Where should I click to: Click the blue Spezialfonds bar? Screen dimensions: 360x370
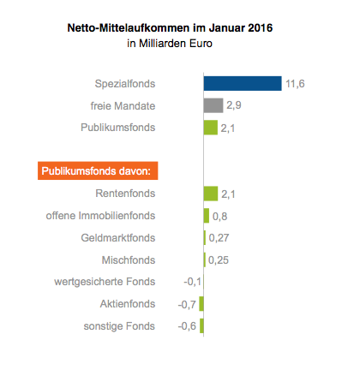tap(243, 83)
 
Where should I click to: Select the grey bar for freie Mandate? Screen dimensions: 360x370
tap(213, 105)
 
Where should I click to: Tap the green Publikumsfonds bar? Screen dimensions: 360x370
tap(211, 128)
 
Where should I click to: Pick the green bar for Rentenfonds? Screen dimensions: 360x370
tap(211, 194)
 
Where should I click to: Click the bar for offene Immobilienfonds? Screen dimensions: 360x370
tap(207, 216)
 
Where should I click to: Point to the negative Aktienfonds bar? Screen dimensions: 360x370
tap(201, 304)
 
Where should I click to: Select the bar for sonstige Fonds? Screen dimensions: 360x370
tap(201, 325)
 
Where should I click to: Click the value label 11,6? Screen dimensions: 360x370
tap(295, 84)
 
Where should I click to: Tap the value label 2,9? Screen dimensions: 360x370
tap(234, 105)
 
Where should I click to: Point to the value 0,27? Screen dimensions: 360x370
tap(219, 238)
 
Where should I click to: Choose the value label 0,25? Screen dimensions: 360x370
tap(219, 260)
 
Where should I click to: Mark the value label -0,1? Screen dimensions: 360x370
tap(193, 282)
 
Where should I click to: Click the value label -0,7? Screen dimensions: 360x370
tap(187, 305)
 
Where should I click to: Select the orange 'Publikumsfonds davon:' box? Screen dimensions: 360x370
tap(98, 170)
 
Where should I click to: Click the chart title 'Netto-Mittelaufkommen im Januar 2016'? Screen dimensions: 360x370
tap(170, 28)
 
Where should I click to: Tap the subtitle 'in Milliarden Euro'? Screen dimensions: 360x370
tap(170, 44)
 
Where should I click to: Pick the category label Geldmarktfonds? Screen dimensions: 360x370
tap(118, 238)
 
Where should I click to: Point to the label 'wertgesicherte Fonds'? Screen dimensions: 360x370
tap(105, 282)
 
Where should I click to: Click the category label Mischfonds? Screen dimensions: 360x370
tap(129, 260)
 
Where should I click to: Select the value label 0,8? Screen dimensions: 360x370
tap(219, 217)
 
